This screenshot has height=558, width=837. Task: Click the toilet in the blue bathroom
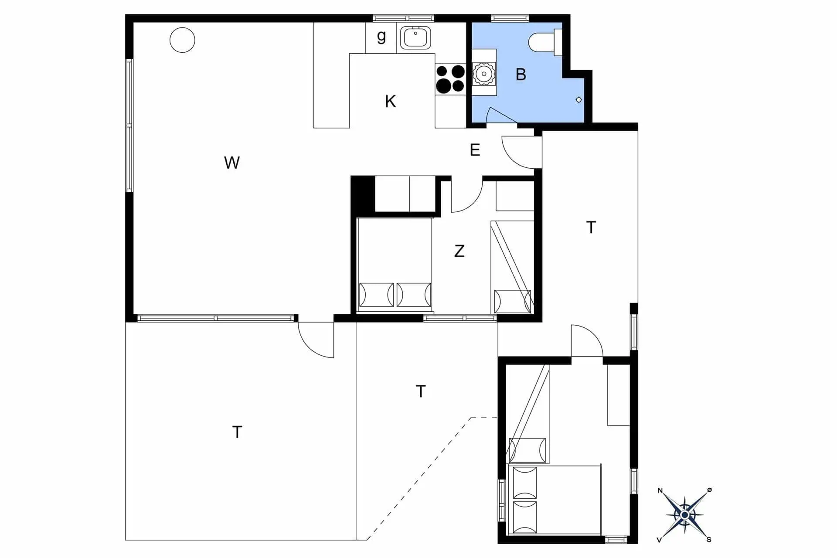tap(545, 42)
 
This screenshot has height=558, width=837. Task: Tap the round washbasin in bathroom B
tap(484, 74)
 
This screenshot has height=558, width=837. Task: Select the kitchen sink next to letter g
tap(416, 37)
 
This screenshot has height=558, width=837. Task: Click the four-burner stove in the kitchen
tap(450, 79)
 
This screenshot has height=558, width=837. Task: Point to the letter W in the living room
tap(232, 163)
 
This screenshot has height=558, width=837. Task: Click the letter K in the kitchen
tap(390, 101)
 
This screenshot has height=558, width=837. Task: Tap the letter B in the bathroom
tap(521, 75)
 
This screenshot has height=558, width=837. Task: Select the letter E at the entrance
tap(475, 150)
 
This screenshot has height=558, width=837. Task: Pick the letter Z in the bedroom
tap(459, 251)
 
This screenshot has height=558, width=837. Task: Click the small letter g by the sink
tap(381, 36)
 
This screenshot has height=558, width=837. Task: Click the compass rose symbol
tap(684, 515)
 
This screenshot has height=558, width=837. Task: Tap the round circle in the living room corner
tap(182, 40)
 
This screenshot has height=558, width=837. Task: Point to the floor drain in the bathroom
tap(579, 100)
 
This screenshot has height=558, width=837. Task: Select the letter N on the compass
tap(660, 491)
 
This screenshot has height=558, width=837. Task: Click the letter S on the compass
tap(709, 540)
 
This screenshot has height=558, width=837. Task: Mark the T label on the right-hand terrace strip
tap(591, 227)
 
